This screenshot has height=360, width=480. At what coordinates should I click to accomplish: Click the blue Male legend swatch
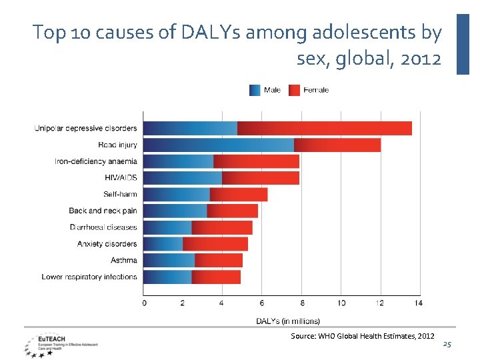pyautogui.click(x=255, y=90)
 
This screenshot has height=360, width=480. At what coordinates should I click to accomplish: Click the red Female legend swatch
pyautogui.click(x=294, y=90)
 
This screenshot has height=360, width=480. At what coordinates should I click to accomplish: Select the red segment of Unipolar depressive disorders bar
pyautogui.click(x=324, y=128)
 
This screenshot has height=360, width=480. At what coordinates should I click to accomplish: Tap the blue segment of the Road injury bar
pyautogui.click(x=219, y=145)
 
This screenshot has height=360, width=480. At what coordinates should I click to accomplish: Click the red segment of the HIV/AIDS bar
pyautogui.click(x=260, y=178)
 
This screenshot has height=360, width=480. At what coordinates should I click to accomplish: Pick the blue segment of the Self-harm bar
pyautogui.click(x=177, y=194)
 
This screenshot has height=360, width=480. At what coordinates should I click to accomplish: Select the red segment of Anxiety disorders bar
pyautogui.click(x=215, y=244)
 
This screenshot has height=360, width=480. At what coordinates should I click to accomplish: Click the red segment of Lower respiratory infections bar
pyautogui.click(x=216, y=277)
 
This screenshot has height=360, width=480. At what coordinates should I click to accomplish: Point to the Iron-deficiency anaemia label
pyautogui.click(x=96, y=161)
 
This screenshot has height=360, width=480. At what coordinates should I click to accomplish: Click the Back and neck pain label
pyautogui.click(x=103, y=211)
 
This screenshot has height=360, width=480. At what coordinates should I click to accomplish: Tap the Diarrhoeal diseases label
pyautogui.click(x=103, y=227)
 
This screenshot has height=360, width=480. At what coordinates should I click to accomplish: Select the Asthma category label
pyautogui.click(x=124, y=260)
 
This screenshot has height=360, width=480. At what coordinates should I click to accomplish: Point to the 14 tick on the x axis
pyautogui.click(x=418, y=303)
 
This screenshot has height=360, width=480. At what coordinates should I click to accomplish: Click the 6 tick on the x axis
pyautogui.click(x=261, y=303)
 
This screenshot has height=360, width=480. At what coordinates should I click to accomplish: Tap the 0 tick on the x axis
pyautogui.click(x=144, y=303)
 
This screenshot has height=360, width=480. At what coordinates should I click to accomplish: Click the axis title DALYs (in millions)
pyautogui.click(x=288, y=321)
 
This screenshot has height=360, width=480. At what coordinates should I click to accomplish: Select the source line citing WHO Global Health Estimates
pyautogui.click(x=363, y=336)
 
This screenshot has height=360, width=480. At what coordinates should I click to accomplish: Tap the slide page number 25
pyautogui.click(x=447, y=344)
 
